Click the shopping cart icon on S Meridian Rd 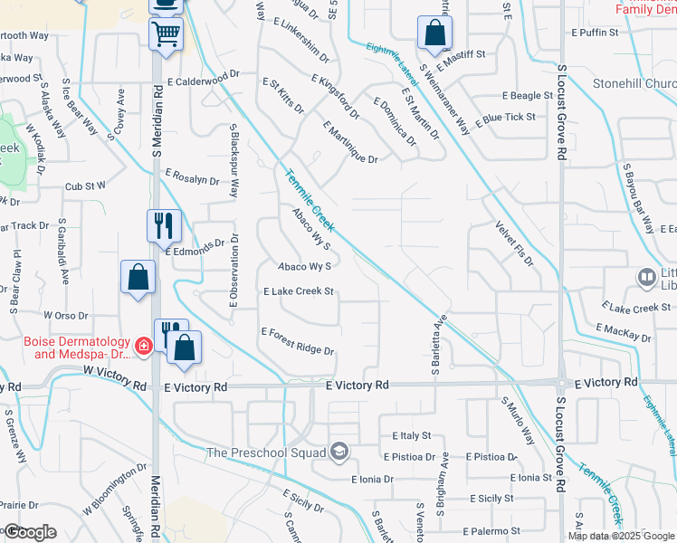click(166, 35)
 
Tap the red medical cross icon click(143, 346)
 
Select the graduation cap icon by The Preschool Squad click(338, 452)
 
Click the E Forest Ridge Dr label click(298, 341)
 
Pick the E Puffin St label click(596, 32)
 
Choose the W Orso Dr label click(66, 316)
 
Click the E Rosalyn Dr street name click(191, 180)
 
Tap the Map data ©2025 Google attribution click(622, 536)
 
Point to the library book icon click(647, 277)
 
